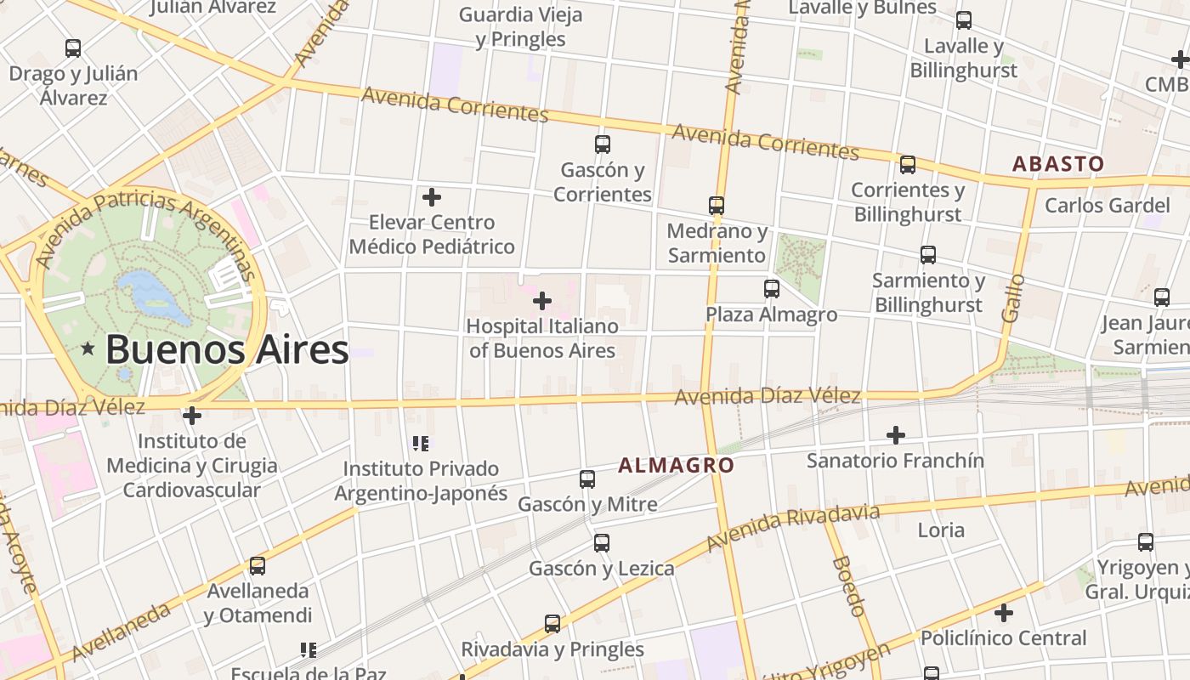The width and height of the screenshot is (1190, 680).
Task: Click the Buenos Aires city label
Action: tap(227, 349)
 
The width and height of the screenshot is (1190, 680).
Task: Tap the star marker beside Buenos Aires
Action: tap(88, 348)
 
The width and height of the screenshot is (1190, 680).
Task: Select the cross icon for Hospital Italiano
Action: tap(541, 301)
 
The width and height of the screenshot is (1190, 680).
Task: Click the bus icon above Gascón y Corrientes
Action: tap(603, 144)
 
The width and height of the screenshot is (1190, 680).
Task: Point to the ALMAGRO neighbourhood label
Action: tap(676, 465)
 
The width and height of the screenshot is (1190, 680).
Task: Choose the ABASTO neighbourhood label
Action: tap(1057, 164)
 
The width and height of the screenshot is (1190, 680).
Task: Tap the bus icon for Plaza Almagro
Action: tap(771, 289)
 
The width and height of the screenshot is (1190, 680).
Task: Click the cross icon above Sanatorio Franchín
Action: tap(895, 435)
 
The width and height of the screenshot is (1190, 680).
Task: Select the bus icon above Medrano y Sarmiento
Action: tap(717, 206)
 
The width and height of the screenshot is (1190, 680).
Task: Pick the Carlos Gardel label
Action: tap(1107, 205)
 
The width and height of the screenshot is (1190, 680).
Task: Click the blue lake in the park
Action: tap(153, 294)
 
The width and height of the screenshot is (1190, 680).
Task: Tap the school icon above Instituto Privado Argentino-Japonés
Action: tap(420, 443)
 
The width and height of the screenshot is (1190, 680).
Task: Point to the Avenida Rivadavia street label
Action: tap(792, 526)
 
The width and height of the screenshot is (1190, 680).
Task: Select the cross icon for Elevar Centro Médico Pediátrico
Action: tap(432, 197)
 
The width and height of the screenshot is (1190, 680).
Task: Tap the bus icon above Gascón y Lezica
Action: tap(602, 542)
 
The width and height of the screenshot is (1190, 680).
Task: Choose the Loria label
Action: tap(941, 530)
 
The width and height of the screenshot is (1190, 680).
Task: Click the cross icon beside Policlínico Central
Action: tap(1004, 613)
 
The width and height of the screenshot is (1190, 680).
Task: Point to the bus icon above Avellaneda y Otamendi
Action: tap(258, 565)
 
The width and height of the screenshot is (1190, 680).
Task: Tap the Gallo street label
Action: tap(1012, 297)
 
